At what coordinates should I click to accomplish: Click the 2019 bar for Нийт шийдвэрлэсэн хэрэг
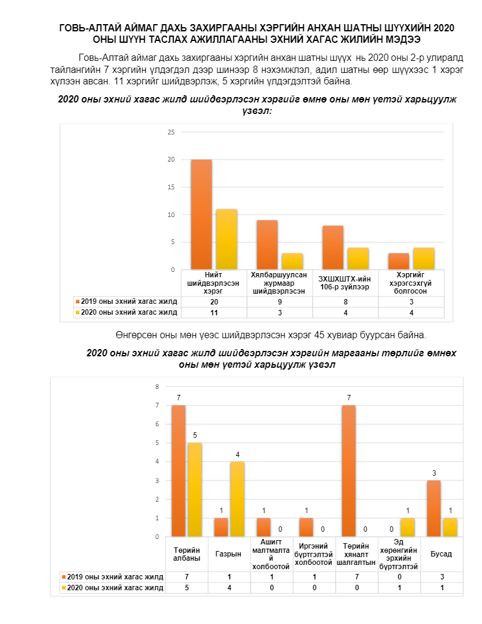click(201, 215)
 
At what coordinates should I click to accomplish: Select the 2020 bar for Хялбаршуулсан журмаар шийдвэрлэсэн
click(292, 262)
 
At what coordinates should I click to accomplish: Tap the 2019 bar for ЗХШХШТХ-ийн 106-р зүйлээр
click(333, 248)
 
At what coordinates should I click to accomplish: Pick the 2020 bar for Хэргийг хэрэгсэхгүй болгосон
click(424, 259)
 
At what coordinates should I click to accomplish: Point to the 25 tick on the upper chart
click(171, 132)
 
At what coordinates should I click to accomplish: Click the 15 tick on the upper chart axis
click(171, 187)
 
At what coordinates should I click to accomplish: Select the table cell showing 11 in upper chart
click(214, 313)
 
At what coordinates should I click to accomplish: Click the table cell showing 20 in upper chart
click(214, 301)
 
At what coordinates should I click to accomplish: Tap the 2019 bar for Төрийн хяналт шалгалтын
click(349, 471)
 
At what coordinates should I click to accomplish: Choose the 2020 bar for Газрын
click(237, 499)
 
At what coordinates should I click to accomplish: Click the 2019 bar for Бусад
click(434, 509)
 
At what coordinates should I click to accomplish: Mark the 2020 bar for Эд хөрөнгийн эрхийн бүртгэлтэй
click(408, 528)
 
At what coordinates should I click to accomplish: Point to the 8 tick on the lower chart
click(157, 386)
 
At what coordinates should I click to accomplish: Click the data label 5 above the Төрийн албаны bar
click(195, 435)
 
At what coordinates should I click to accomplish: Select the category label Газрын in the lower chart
click(228, 554)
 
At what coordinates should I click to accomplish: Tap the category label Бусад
click(442, 554)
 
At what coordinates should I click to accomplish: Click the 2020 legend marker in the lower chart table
click(64, 588)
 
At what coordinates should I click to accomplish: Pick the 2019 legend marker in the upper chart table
click(78, 301)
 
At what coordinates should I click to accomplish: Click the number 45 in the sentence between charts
click(319, 335)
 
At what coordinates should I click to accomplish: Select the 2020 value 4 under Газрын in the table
click(230, 588)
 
